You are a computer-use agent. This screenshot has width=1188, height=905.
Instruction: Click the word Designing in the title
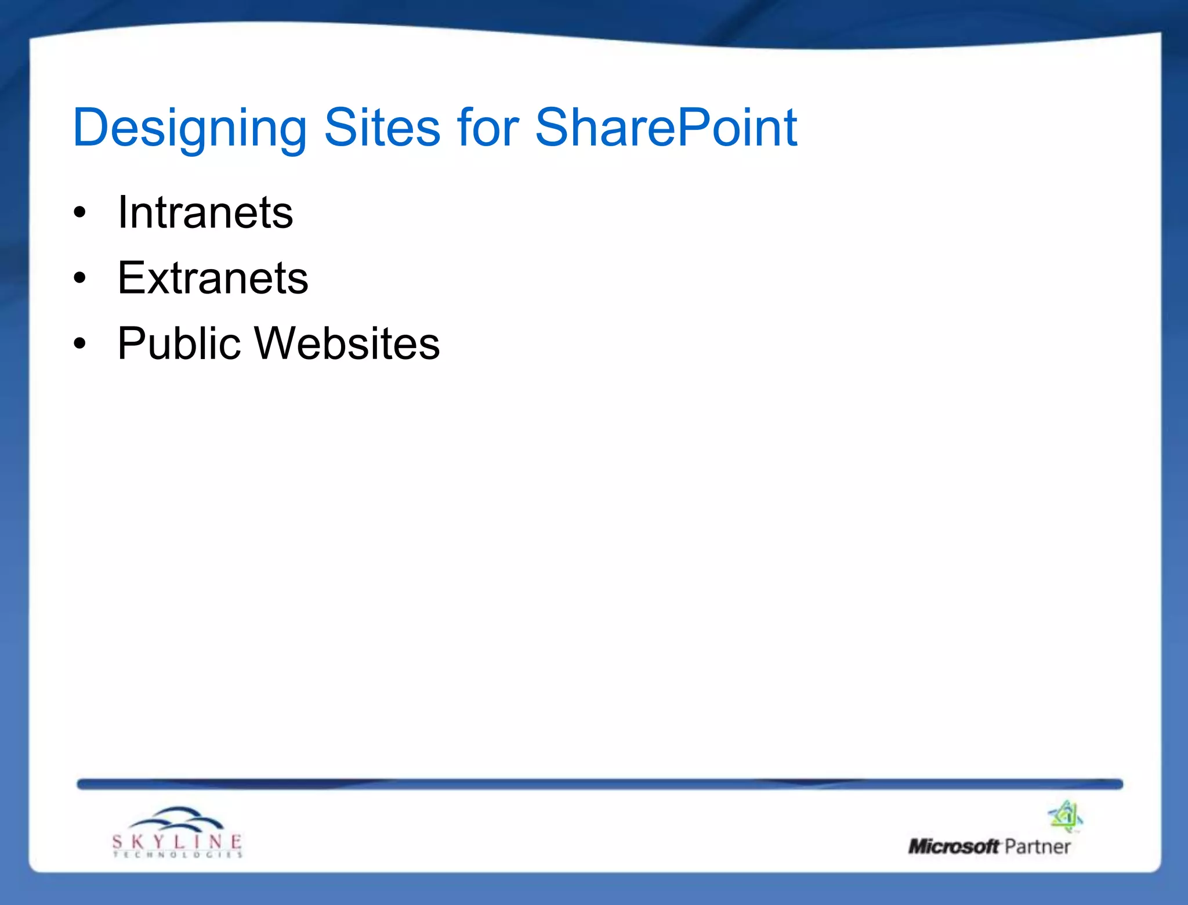pos(189,129)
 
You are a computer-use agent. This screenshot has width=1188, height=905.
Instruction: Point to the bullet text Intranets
pos(205,213)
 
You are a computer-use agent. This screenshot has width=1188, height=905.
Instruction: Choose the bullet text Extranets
pos(213,278)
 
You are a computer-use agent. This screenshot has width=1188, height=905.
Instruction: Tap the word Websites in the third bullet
pos(347,343)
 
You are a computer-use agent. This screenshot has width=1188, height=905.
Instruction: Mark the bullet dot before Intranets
pos(80,213)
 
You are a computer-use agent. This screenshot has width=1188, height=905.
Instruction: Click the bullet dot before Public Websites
pos(80,343)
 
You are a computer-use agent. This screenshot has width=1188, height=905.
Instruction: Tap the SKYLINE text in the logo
pos(177,841)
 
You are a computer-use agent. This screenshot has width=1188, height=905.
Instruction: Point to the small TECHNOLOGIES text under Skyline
pos(178,855)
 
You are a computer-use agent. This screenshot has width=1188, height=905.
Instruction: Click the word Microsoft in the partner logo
pos(954,847)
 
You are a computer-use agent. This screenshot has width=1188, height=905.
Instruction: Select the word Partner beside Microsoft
pos(1037,847)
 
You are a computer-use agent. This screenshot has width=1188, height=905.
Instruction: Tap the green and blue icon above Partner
pos(1066,816)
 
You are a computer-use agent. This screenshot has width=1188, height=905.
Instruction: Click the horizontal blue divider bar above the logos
pos(600,784)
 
